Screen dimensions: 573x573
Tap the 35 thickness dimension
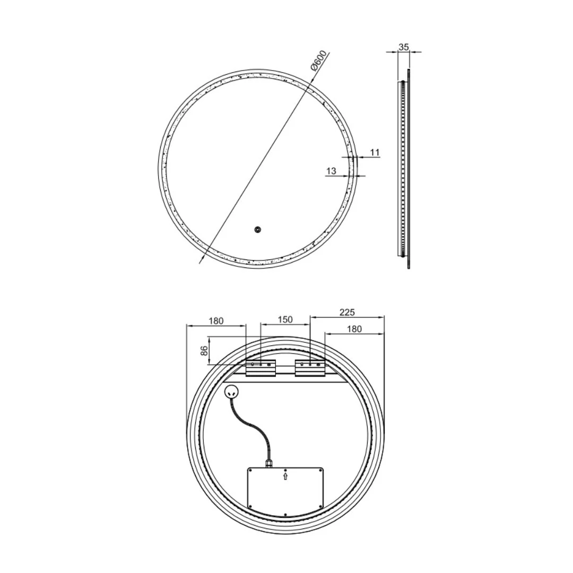pos(404,47)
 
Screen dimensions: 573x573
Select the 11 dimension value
pos(375,153)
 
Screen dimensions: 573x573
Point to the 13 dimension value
pos(331,171)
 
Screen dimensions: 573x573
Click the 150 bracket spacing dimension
pos(285,319)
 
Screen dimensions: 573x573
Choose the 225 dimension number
pos(346,312)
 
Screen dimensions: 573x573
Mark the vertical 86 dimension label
pos(204,350)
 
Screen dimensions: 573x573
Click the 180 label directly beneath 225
pos(354,329)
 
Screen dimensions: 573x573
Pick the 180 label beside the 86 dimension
pos(216,320)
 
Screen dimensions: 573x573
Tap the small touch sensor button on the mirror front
pos(257,230)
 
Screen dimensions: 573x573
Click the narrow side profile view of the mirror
pos(404,169)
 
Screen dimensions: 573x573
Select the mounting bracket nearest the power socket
pos(260,368)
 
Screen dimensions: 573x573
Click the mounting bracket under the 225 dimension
pos(310,368)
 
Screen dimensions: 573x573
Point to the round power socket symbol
pos(232,392)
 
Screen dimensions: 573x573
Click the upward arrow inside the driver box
pos(285,476)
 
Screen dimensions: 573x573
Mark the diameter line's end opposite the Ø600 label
pos(201,262)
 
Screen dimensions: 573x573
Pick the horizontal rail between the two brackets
pos(285,374)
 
